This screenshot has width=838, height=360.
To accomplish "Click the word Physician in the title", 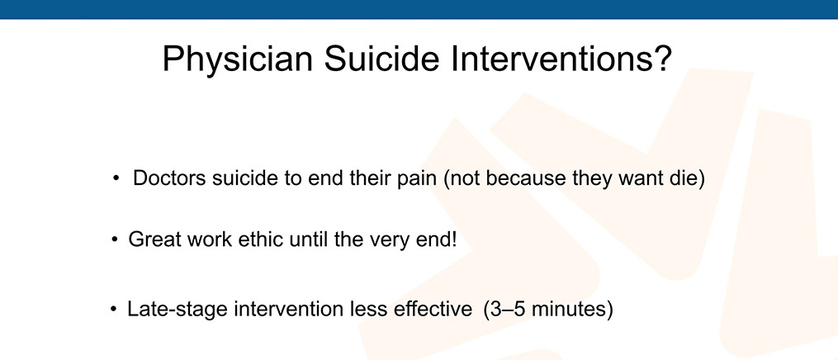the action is tap(237, 59).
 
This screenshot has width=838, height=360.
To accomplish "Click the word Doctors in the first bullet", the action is tap(169, 178).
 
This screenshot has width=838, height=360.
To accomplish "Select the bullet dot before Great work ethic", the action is tap(115, 240).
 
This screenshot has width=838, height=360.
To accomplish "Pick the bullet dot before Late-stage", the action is tap(113, 310).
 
